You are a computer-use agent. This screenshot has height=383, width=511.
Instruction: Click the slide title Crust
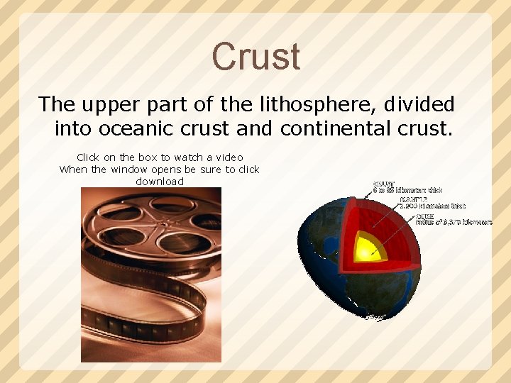click(255, 56)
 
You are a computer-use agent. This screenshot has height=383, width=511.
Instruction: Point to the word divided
click(419, 104)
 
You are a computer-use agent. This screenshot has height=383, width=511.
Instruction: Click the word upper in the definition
click(114, 104)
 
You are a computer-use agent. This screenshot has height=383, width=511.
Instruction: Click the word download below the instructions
click(160, 182)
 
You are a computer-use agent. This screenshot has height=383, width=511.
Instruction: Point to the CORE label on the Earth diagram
click(425, 216)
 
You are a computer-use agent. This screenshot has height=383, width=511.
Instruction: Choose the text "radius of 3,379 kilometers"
click(454, 222)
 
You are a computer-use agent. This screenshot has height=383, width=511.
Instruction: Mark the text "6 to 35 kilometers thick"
click(408, 190)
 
